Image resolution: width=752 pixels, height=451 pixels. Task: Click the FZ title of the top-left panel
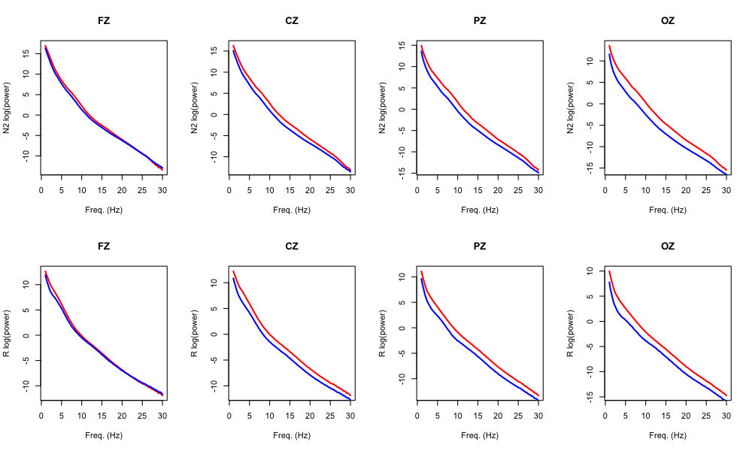104,20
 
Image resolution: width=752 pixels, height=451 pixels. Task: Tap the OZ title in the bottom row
668,246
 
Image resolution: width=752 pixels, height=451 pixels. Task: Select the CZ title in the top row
292,20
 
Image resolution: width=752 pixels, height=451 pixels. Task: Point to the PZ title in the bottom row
480,246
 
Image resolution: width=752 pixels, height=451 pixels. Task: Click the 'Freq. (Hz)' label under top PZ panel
480,210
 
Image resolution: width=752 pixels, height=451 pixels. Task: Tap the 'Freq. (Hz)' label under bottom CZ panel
292,435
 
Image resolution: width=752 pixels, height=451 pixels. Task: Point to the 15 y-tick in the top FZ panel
26,53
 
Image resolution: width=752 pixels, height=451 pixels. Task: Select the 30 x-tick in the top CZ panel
350,191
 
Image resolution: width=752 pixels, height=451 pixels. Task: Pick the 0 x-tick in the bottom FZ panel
42,416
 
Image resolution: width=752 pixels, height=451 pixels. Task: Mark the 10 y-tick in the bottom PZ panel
402,277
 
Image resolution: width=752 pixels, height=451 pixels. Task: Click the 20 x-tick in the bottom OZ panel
686,416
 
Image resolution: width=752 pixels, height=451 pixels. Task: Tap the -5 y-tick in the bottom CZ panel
214,359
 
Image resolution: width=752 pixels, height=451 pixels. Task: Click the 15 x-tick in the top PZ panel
478,191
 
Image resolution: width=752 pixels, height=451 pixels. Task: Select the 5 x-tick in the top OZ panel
626,191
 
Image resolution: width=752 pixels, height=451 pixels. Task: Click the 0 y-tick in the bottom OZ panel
590,321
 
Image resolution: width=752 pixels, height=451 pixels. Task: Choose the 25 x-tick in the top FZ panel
142,191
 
